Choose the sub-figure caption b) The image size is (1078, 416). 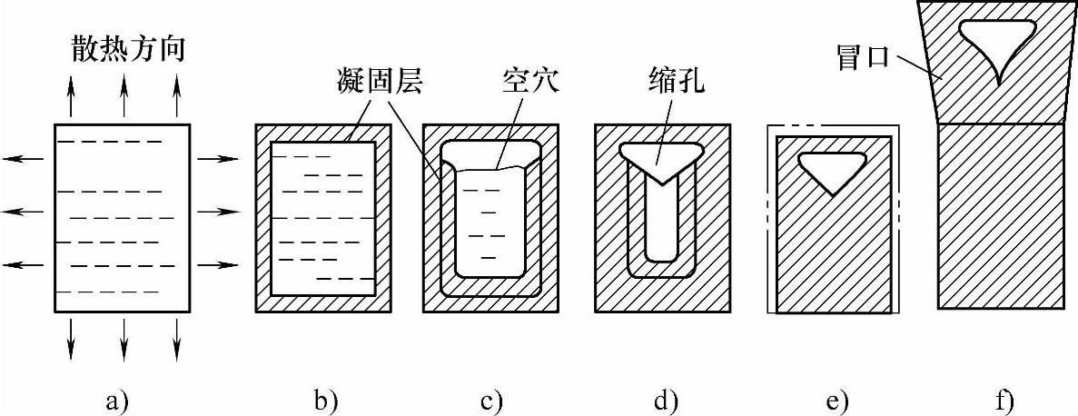pos(323,398)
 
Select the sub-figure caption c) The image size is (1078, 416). pos(490,398)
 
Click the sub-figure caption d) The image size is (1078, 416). pos(661,398)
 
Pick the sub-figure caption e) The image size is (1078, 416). pos(832,398)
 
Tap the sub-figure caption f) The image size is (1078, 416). pos(1001,398)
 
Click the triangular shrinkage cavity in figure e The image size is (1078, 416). pos(832,167)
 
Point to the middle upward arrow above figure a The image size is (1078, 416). pos(124,96)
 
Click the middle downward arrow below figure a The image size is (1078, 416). pos(124,340)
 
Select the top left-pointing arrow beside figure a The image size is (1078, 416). pos(23,160)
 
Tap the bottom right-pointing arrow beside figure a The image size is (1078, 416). pos(218,264)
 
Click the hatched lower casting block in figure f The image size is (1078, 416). pos(999,218)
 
